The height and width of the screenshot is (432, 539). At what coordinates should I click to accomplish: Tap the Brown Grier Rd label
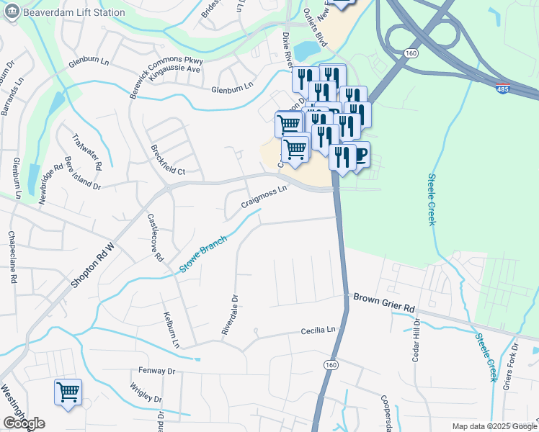pos(384,302)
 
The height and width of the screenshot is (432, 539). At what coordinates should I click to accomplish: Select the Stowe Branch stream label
pos(204,253)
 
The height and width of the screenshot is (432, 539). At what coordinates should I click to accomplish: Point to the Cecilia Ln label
pos(318,330)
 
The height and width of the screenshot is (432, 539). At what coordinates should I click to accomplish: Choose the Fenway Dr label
pos(157,371)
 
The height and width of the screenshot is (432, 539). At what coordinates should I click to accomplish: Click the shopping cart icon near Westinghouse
pos(68,392)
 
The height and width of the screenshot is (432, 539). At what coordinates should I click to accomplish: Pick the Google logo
pos(24,423)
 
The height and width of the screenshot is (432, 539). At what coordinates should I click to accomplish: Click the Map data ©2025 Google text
pos(494,426)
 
